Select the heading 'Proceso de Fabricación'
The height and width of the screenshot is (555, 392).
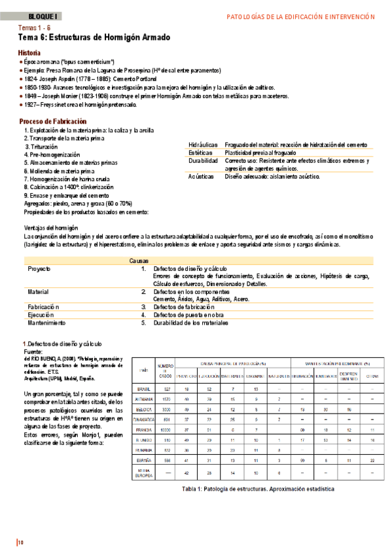point(52,121)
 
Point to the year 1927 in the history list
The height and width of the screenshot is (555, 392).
point(31,105)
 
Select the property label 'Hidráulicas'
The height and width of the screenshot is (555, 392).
point(202,144)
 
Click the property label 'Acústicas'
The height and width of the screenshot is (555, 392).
point(200,177)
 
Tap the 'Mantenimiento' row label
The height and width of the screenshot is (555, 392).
point(46,323)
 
